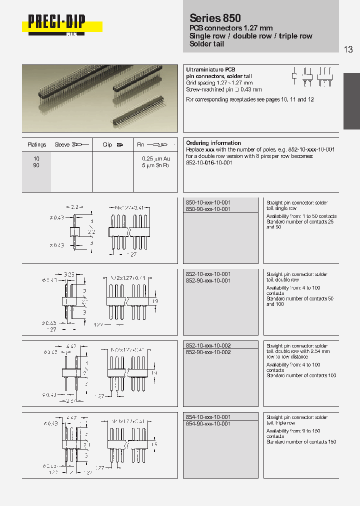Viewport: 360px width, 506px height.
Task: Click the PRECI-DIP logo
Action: pyautogui.click(x=56, y=23)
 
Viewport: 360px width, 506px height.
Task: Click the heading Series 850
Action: pyautogui.click(x=215, y=18)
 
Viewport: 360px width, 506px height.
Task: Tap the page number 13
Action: pyautogui.click(x=348, y=49)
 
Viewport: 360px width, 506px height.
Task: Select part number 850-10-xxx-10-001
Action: pyautogui.click(x=208, y=202)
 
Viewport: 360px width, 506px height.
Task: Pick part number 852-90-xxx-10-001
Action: pyautogui.click(x=208, y=281)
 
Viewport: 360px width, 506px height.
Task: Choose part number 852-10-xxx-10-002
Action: pyautogui.click(x=208, y=345)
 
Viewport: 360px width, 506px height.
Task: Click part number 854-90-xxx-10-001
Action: pyautogui.click(x=208, y=423)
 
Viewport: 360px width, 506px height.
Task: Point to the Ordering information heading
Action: pyautogui.click(x=213, y=143)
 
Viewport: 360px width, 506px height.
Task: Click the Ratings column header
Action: pyautogui.click(x=37, y=144)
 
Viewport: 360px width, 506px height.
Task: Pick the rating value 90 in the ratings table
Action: pyautogui.click(x=36, y=165)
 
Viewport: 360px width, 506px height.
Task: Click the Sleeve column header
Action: pyautogui.click(x=62, y=144)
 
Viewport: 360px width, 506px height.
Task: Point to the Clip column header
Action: pyautogui.click(x=107, y=144)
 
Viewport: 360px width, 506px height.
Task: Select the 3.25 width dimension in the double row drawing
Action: pyautogui.click(x=69, y=274)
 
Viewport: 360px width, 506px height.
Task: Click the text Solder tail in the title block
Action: pyautogui.click(x=207, y=44)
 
